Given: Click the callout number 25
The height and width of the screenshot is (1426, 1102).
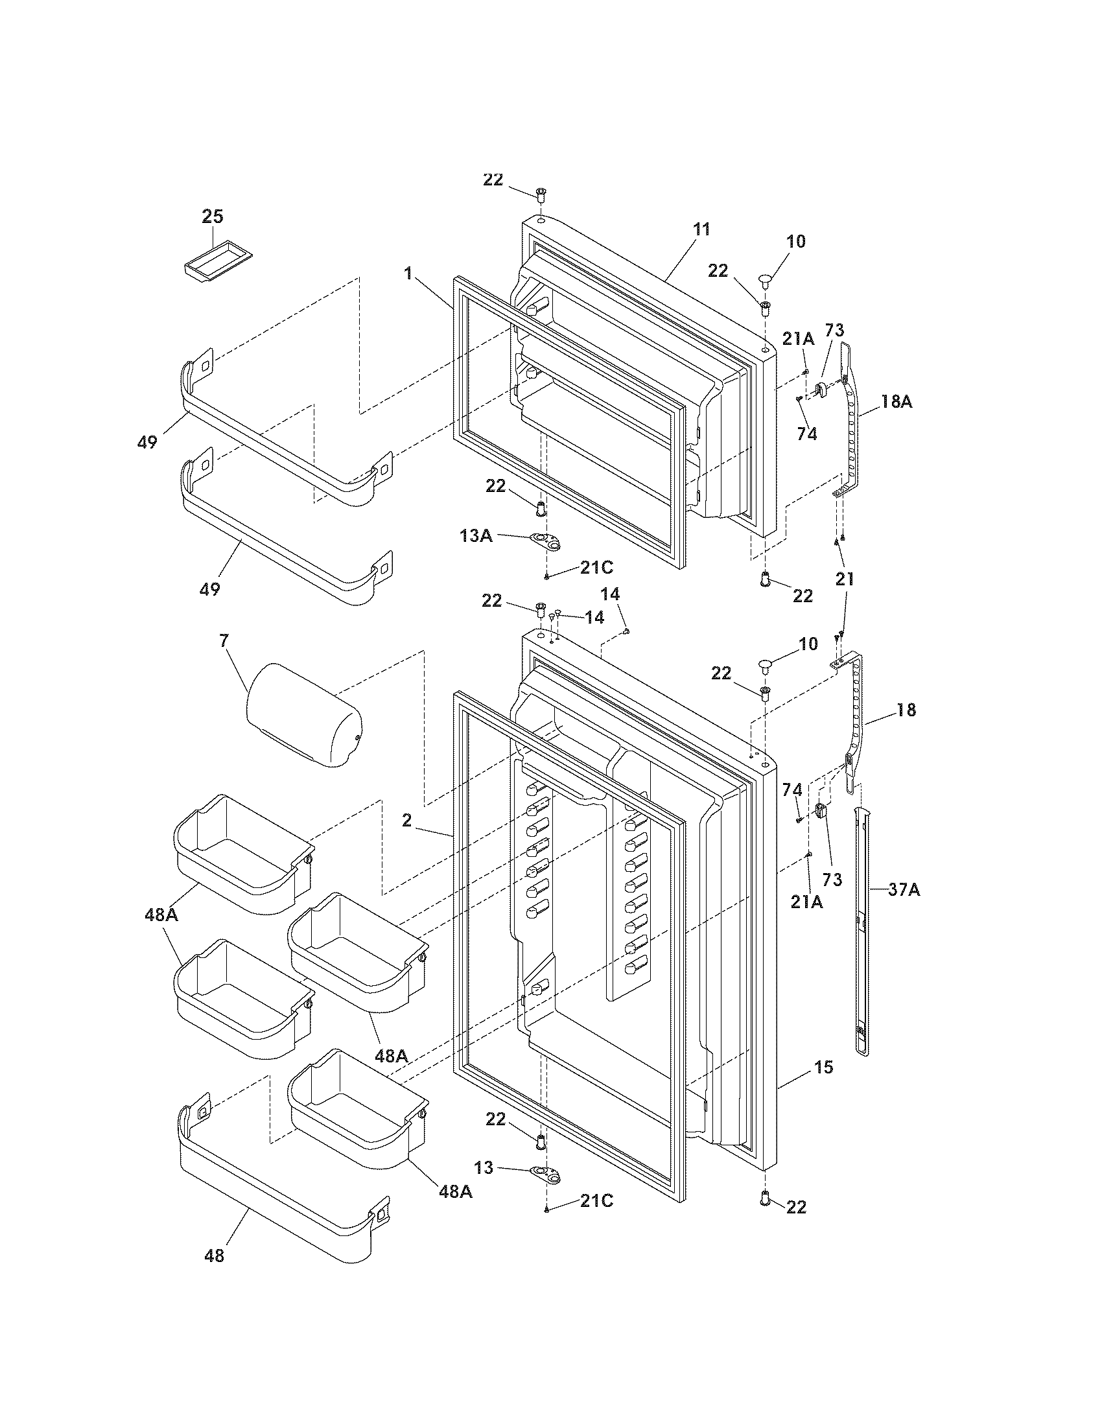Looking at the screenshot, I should point(212,216).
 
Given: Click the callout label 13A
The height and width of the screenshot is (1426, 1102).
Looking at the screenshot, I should point(476,535).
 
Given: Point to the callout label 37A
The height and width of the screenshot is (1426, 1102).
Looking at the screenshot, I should point(904,889).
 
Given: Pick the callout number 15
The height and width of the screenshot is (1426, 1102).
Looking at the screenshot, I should point(824,1068).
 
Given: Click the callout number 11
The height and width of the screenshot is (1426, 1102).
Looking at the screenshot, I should point(701,229).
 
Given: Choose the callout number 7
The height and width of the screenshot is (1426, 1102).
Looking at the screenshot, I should point(224,640).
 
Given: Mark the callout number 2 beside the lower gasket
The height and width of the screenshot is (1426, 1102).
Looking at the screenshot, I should point(406,821).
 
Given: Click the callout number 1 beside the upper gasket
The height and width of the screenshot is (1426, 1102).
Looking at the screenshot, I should point(408,273).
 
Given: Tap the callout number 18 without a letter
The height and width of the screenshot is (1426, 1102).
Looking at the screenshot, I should point(906,710).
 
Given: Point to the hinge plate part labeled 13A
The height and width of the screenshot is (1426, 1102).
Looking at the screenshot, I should point(546,541).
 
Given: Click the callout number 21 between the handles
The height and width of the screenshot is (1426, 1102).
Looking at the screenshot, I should point(845,579).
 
